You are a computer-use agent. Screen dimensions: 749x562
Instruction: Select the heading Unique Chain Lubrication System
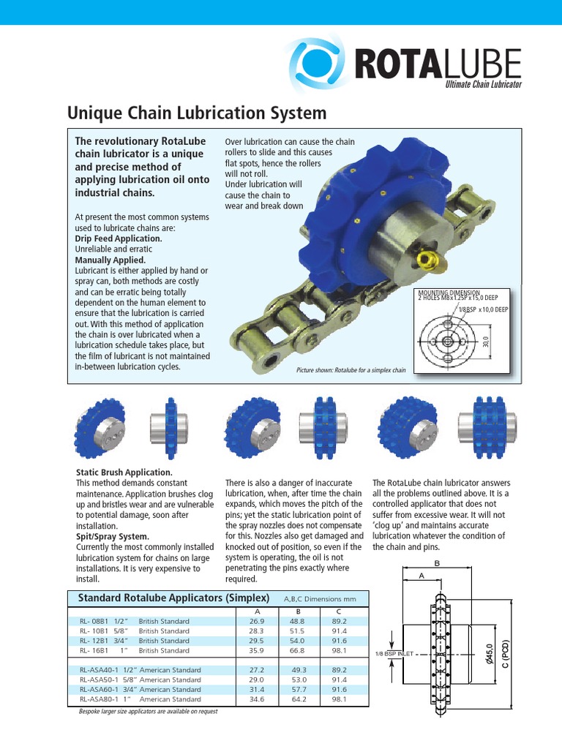(x=197, y=113)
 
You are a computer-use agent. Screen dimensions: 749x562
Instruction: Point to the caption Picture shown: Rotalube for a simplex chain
(x=351, y=370)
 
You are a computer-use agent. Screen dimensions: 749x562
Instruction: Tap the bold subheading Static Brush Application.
(x=124, y=473)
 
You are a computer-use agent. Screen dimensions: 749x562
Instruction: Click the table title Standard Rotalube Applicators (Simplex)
(x=174, y=598)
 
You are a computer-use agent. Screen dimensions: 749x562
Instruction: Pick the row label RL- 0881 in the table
(x=94, y=621)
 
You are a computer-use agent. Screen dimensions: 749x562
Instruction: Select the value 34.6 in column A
(x=257, y=699)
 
